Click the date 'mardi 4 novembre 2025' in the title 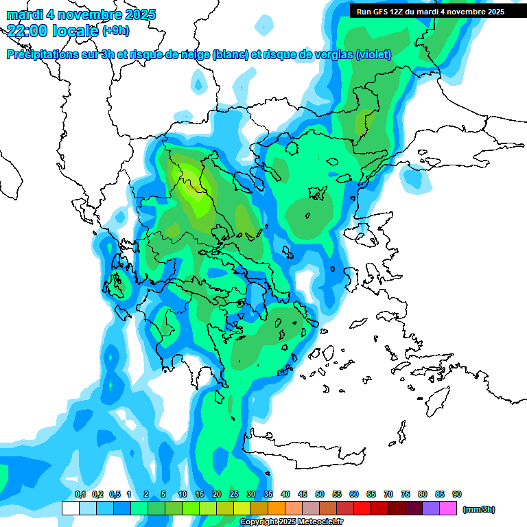(81, 14)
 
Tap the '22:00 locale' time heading (52, 30)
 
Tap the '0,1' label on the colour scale (80, 494)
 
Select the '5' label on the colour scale (163, 494)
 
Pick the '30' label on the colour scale (250, 494)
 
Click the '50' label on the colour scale (320, 494)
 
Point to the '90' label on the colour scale (457, 494)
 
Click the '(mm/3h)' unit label (478, 509)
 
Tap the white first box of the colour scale (70, 508)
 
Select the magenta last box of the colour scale (448, 508)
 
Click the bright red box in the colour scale (362, 508)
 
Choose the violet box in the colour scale (431, 508)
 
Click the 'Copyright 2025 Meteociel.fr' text (291, 522)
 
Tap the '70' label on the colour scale (388, 494)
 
